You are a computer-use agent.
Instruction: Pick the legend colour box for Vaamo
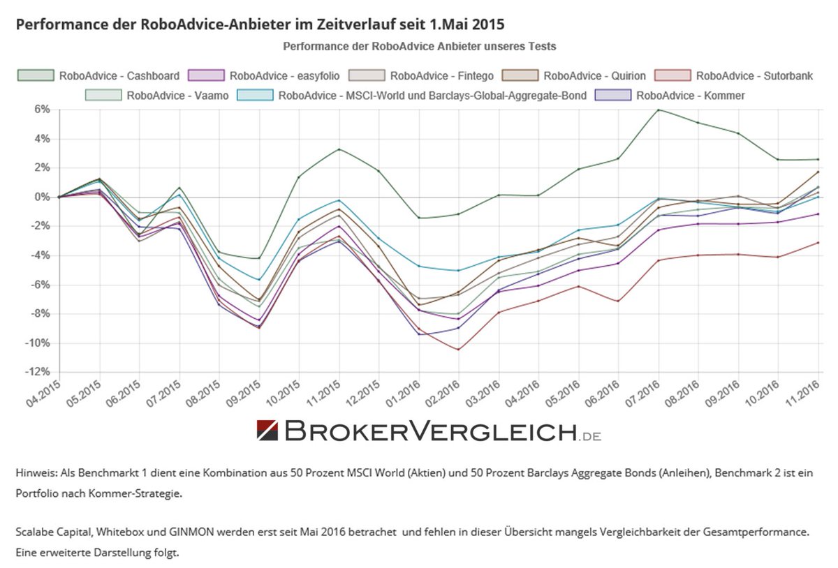(103, 95)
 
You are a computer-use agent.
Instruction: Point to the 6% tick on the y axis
(41, 110)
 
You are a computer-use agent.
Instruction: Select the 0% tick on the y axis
(41, 197)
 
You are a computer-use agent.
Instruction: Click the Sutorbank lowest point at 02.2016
(459, 350)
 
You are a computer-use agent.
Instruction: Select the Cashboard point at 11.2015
(339, 149)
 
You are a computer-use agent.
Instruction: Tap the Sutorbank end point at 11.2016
(818, 243)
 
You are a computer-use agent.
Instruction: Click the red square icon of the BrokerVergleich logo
(268, 431)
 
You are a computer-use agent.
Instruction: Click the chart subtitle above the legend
(419, 47)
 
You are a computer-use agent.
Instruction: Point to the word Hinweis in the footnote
(34, 473)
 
